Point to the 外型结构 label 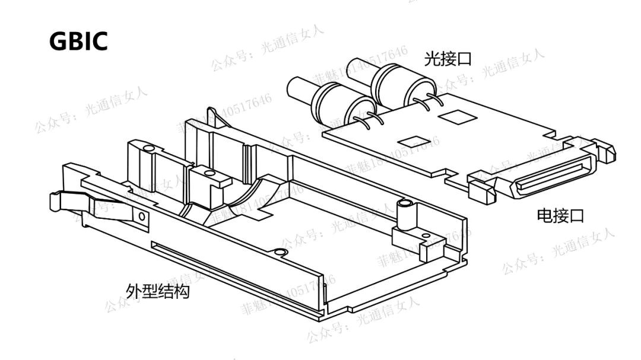point(158,291)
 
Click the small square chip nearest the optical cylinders point(454,116)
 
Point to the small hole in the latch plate point(142,218)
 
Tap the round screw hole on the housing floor point(282,253)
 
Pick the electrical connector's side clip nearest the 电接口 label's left point(480,188)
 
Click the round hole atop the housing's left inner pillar point(148,146)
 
